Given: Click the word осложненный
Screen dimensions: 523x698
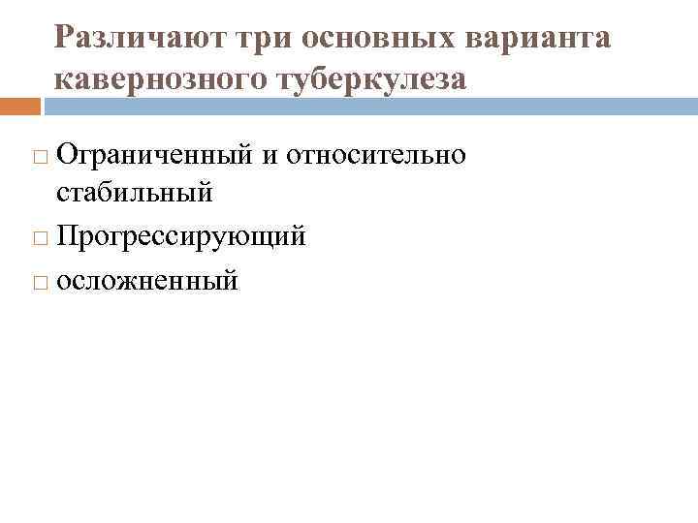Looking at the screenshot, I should [146, 281].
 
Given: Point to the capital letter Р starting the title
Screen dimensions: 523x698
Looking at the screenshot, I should [64, 38].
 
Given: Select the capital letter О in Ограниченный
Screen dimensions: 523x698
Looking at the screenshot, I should [67, 155].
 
